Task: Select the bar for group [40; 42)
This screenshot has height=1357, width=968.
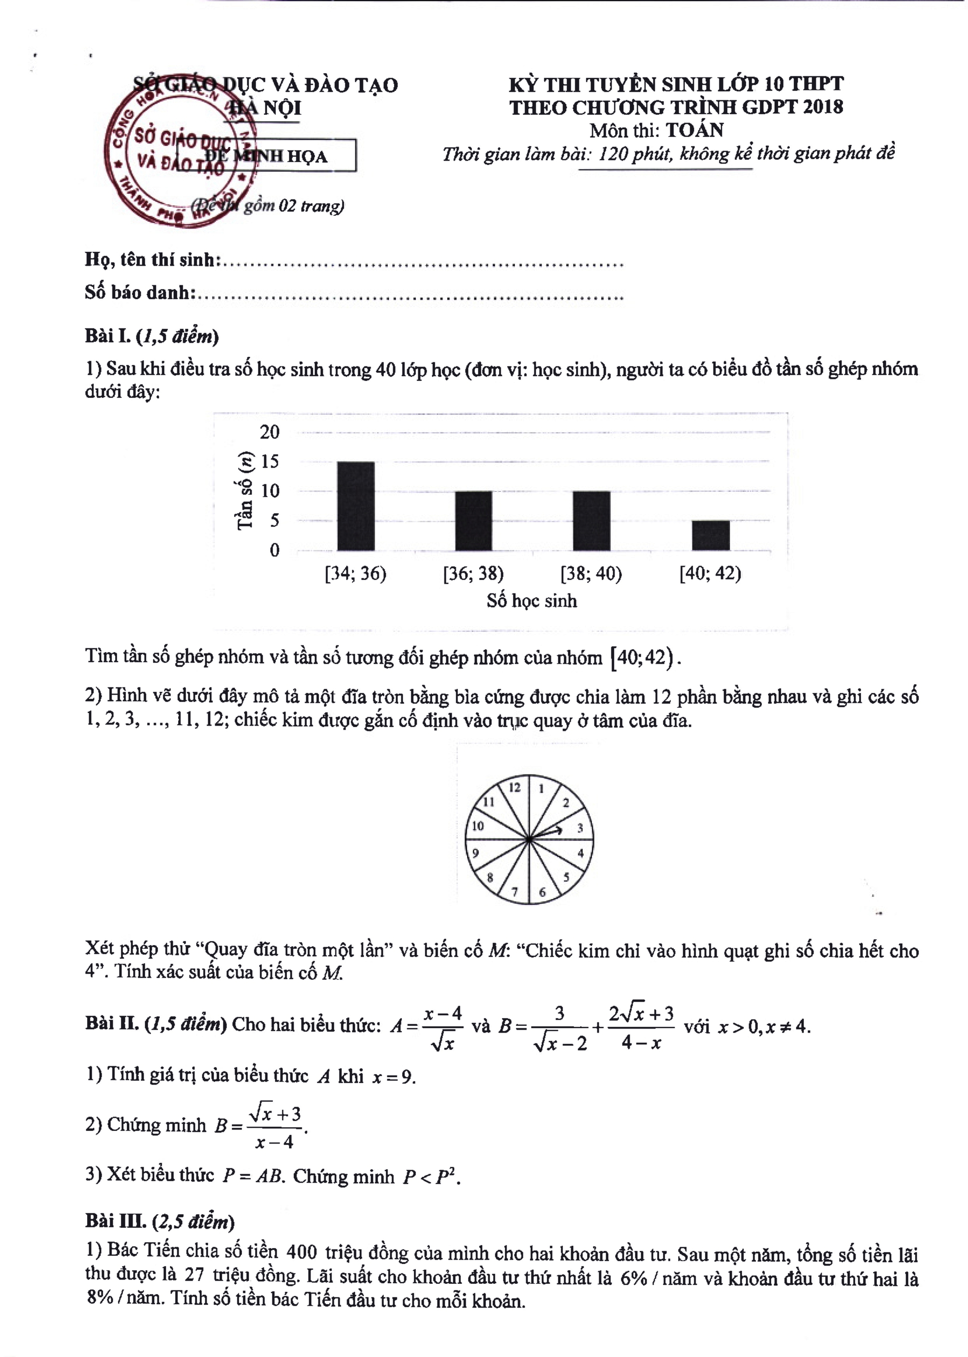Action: point(711,535)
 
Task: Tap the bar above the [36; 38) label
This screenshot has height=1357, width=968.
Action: point(474,520)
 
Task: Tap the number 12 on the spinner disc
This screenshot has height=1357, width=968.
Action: point(514,788)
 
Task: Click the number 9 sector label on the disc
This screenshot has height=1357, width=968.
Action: point(476,853)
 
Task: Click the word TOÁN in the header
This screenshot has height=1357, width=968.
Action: point(695,130)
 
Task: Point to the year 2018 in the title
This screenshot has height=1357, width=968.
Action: point(823,107)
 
